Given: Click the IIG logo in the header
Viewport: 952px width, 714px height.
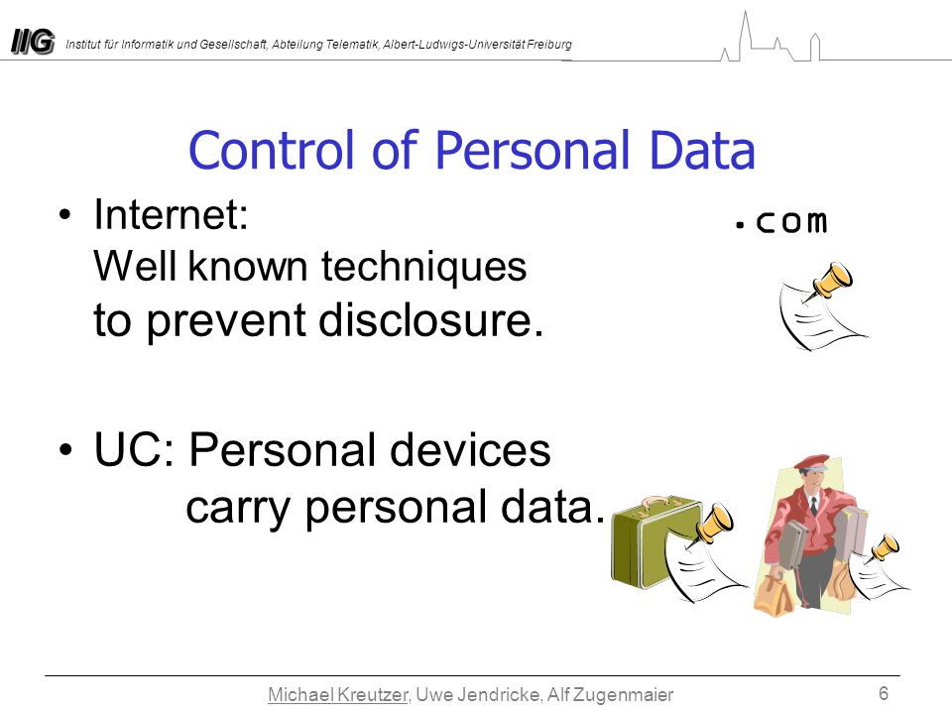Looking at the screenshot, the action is pos(33,43).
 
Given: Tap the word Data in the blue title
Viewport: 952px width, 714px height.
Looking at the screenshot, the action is pos(702,150).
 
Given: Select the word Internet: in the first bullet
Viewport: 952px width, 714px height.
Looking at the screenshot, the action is pos(172,214).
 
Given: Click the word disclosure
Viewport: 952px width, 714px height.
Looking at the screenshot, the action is pos(430,320).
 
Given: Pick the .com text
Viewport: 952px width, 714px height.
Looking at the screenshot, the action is pos(780,221).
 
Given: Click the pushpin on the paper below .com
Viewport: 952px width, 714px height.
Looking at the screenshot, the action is pos(830,281).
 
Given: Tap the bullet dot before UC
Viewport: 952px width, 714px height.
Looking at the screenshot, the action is pos(65,450).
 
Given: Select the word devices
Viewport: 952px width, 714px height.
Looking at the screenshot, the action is pos(470,450).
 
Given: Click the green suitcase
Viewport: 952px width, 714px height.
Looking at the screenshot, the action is pos(653,542).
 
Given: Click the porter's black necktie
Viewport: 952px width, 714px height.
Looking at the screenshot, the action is pos(813,507).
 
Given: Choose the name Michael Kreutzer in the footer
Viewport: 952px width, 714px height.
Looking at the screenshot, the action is pos(338,694).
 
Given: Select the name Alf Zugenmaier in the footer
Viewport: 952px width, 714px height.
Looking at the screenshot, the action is pos(610,694).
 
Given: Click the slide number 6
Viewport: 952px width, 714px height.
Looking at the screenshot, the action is pos(884,693).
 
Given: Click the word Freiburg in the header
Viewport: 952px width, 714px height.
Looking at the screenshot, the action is pos(549,45).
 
